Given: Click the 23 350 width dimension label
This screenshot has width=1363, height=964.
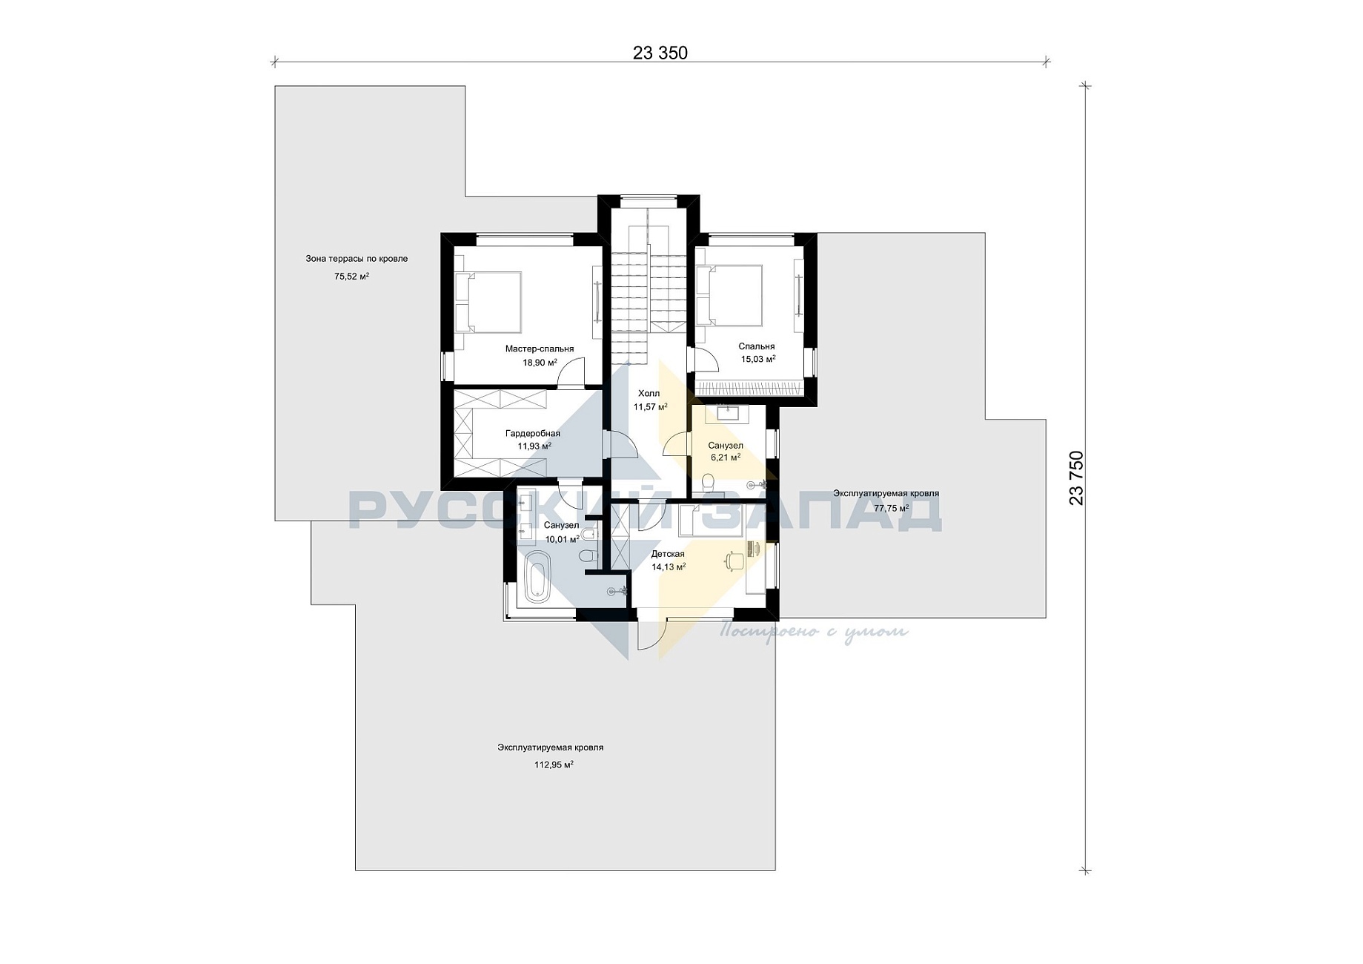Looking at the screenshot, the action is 660,53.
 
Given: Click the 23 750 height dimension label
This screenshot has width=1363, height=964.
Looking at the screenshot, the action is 1076,478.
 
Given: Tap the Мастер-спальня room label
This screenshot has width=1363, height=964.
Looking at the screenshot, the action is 540,349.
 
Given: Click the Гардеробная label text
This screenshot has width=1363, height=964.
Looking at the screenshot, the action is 533,433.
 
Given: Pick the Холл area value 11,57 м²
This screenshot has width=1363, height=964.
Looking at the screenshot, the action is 650,406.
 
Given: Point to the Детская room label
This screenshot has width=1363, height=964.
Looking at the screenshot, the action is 668,554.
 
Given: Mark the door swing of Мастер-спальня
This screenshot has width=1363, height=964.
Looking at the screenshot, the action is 571,372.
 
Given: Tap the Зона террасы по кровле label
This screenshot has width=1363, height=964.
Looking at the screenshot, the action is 356,259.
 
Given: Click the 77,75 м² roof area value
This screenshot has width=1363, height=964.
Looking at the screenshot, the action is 892,509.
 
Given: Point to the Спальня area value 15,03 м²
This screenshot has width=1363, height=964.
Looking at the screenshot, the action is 758,359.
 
